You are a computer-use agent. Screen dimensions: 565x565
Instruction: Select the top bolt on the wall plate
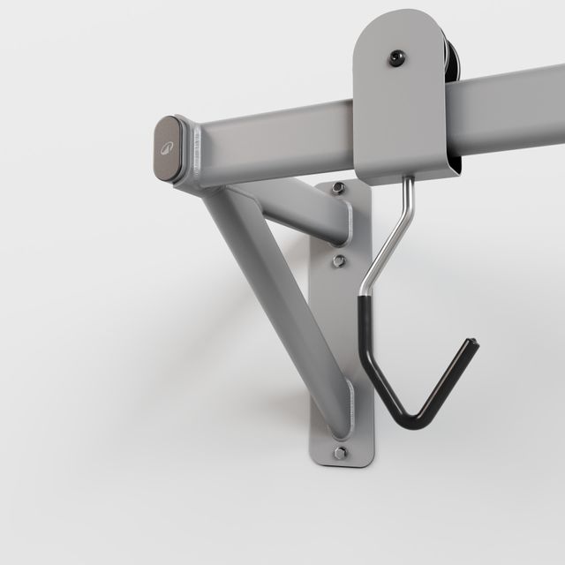tap(338, 188)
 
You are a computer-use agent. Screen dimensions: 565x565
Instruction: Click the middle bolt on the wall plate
tap(338, 260)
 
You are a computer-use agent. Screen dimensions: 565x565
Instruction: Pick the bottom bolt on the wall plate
tap(340, 452)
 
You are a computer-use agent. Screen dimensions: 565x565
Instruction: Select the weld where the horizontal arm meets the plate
tap(347, 224)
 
